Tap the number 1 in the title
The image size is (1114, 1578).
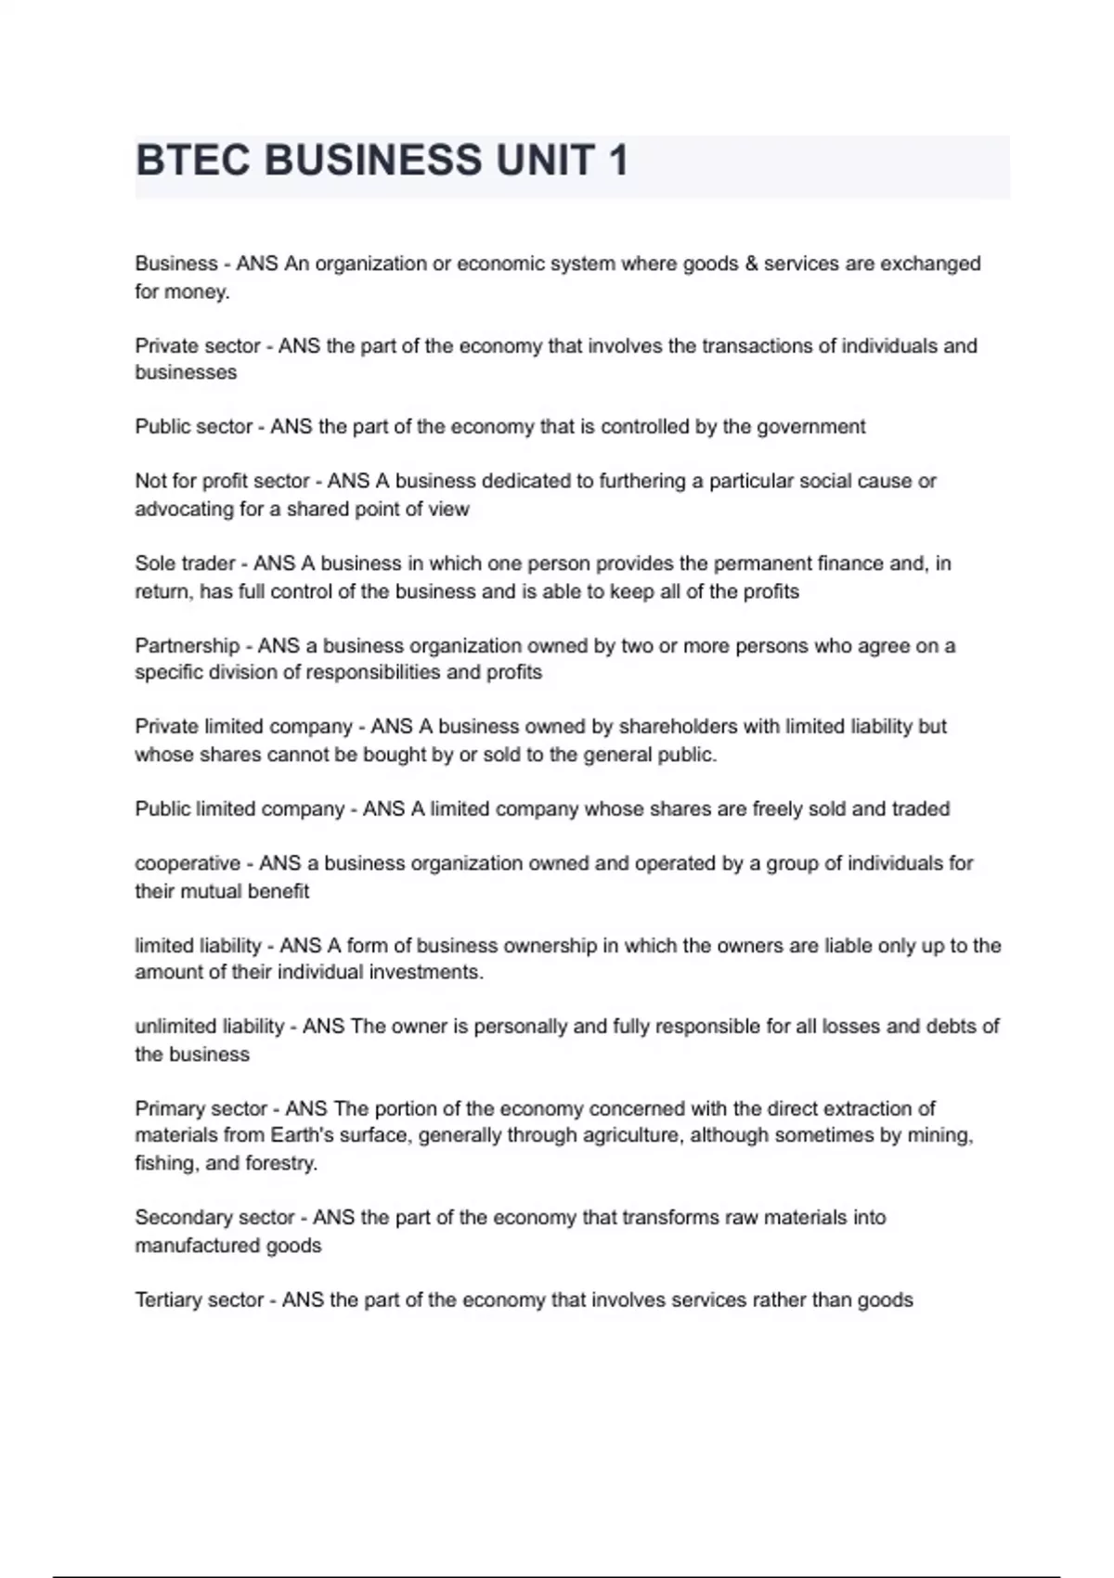pos(617,161)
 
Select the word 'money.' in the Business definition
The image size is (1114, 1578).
pos(199,291)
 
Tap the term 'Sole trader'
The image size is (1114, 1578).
pos(185,563)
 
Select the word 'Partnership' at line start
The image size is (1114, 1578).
pos(187,646)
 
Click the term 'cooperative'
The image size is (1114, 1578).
pos(188,864)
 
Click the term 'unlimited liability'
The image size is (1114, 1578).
pos(210,1027)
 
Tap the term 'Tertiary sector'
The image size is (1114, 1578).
pos(200,1300)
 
